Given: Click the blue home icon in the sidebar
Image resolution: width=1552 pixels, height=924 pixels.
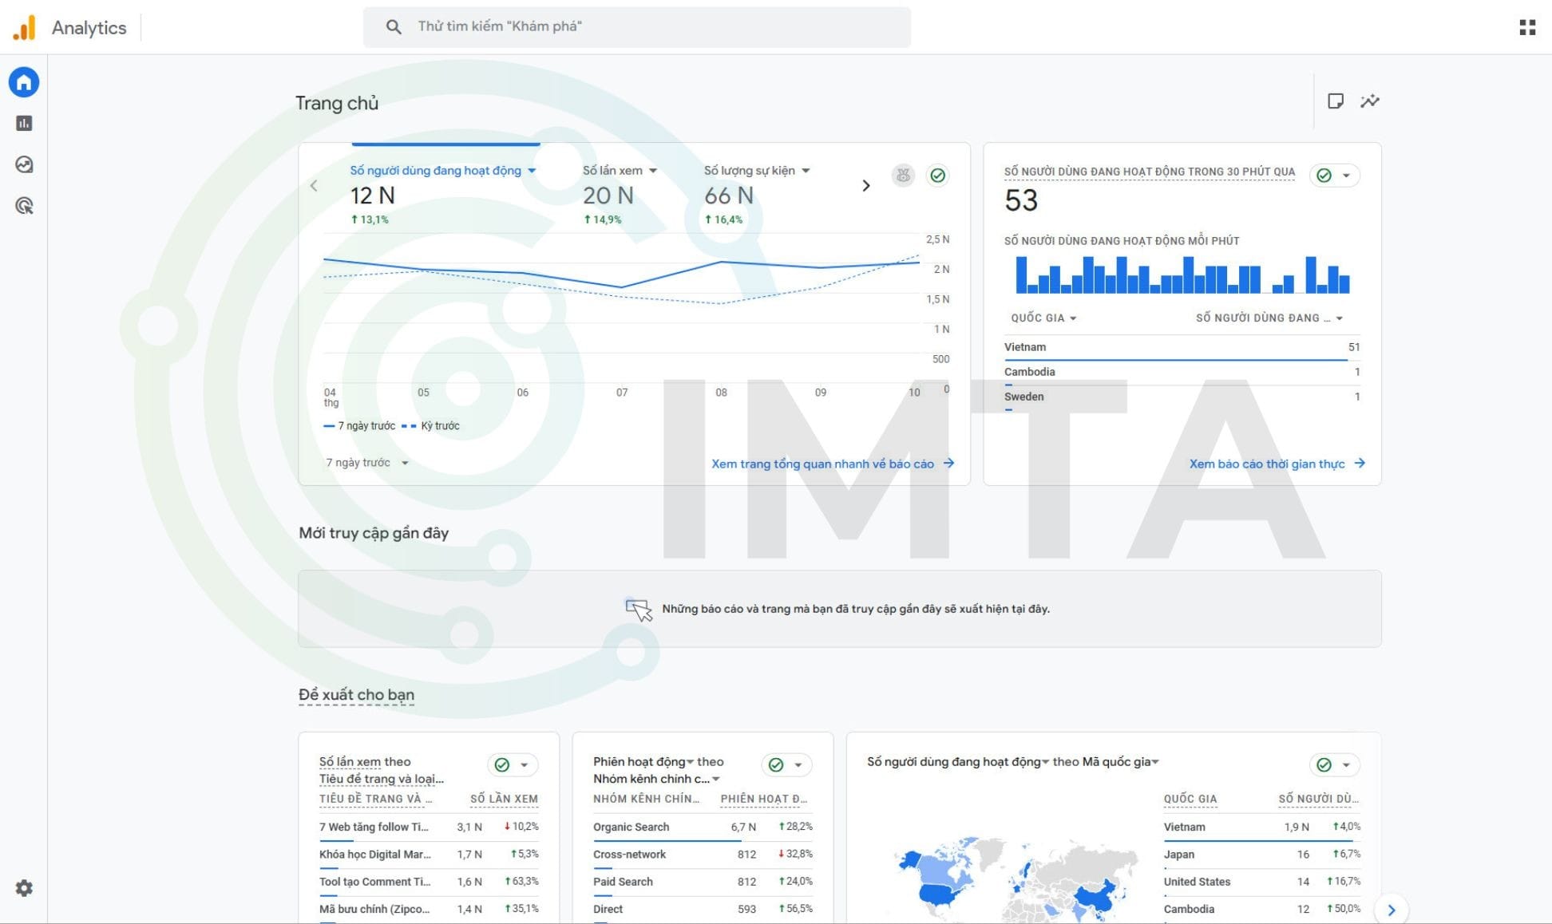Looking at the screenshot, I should pos(24,82).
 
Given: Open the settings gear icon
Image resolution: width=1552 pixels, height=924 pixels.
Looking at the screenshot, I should pos(24,888).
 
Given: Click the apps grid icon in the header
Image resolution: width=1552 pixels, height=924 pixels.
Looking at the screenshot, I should pos(1526,28).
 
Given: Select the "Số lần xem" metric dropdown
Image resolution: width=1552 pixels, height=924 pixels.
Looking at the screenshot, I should pos(620,171).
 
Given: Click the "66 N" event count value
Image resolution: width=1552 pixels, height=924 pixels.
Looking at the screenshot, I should pos(728,195).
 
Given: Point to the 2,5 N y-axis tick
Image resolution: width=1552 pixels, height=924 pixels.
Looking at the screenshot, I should pos(937,239).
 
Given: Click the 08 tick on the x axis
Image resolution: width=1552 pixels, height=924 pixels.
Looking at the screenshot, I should pos(721,393).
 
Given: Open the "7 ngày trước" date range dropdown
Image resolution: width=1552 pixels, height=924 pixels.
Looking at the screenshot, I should pos(367,463).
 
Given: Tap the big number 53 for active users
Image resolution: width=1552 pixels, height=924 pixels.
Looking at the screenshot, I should pos(1021,200).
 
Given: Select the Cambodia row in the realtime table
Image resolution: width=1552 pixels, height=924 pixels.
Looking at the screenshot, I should pos(1030,372).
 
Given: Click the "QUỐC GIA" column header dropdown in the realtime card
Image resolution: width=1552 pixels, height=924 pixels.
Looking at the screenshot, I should pos(1043,318).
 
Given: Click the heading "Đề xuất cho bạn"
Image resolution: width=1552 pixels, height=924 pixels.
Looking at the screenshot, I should pos(356,695).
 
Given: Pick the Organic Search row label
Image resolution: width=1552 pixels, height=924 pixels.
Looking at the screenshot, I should pos(631,827).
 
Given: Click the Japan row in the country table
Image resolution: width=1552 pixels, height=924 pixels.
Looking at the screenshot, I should pos(1179,854).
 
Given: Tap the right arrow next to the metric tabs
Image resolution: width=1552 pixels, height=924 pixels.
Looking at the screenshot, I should pos(866,186).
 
